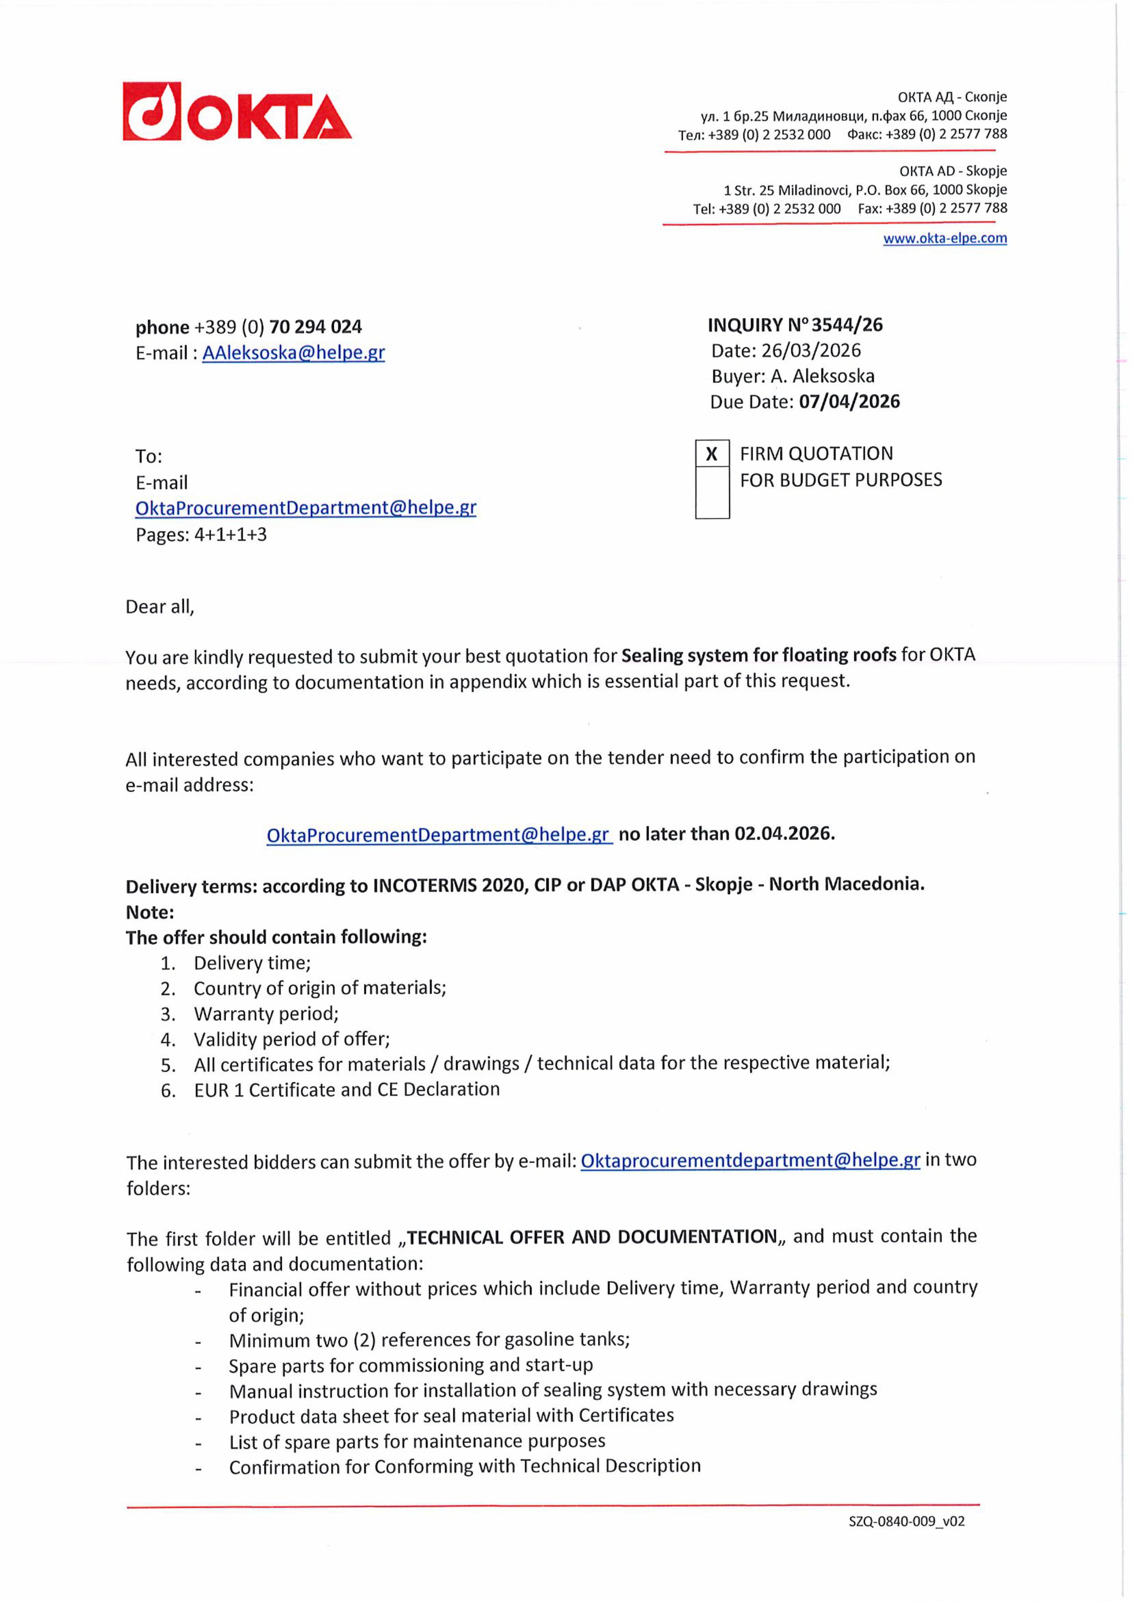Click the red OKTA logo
pyautogui.click(x=237, y=112)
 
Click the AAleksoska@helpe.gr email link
pyautogui.click(x=293, y=353)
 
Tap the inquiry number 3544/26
pyautogui.click(x=847, y=325)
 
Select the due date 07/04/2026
pyautogui.click(x=849, y=402)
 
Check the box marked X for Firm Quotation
pyautogui.click(x=711, y=454)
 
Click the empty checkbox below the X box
pyautogui.click(x=711, y=492)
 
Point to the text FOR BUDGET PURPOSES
pyautogui.click(x=841, y=480)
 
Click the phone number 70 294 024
pyautogui.click(x=315, y=327)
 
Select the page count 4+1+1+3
pyautogui.click(x=230, y=535)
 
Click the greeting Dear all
pyautogui.click(x=160, y=607)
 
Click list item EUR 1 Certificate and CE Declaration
pyautogui.click(x=347, y=1090)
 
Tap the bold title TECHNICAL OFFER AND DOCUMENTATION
pyautogui.click(x=592, y=1237)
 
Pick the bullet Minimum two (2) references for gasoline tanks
pyautogui.click(x=429, y=1340)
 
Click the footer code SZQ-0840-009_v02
pyautogui.click(x=906, y=1522)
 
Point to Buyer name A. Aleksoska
pyautogui.click(x=822, y=376)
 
